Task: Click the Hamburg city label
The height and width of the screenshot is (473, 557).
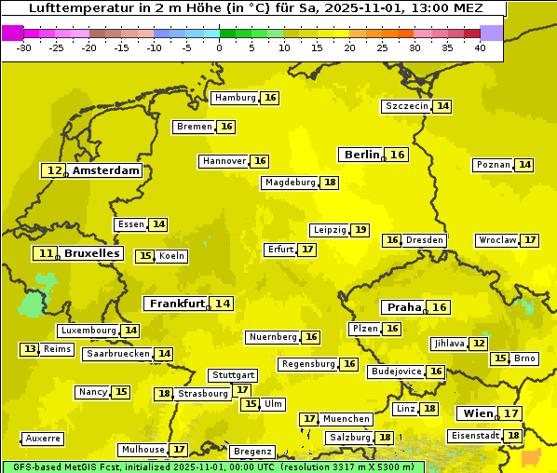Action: pyautogui.click(x=235, y=98)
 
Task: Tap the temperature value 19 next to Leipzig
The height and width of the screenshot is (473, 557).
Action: pyautogui.click(x=360, y=230)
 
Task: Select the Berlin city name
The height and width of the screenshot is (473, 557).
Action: pyautogui.click(x=361, y=155)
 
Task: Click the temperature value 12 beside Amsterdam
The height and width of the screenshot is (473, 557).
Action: pyautogui.click(x=55, y=170)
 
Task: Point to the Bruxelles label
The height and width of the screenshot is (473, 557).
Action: pyautogui.click(x=91, y=253)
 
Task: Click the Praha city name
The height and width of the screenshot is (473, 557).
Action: pyautogui.click(x=404, y=307)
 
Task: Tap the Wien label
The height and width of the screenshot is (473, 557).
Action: pyautogui.click(x=477, y=413)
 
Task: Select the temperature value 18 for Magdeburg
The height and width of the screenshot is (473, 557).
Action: pyautogui.click(x=330, y=182)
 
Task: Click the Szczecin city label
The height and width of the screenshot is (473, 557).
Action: pyautogui.click(x=407, y=106)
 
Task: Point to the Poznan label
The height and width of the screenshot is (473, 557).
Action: pyautogui.click(x=493, y=165)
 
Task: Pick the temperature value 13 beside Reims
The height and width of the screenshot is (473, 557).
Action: pyautogui.click(x=31, y=349)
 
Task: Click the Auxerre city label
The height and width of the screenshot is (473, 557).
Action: pyautogui.click(x=43, y=439)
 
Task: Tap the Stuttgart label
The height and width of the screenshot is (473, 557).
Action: pyautogui.click(x=232, y=375)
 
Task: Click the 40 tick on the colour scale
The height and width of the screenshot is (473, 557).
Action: pyautogui.click(x=479, y=47)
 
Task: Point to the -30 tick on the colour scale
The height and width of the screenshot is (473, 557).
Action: pyautogui.click(x=23, y=47)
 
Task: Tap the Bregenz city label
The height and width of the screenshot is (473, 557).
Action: pyautogui.click(x=252, y=452)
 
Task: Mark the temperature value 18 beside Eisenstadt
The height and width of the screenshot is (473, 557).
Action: pyautogui.click(x=513, y=435)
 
